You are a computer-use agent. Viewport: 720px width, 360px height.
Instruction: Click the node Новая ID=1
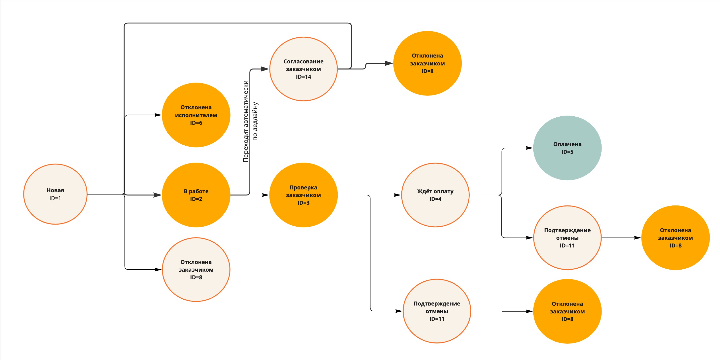coord(55,194)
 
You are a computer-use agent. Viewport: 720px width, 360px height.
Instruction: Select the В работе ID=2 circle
coord(196,195)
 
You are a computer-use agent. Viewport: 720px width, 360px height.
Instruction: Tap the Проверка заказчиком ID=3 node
coord(303,195)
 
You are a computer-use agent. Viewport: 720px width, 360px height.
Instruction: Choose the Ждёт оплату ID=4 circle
coord(435,195)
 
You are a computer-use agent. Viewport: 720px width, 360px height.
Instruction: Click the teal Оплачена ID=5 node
coord(567,148)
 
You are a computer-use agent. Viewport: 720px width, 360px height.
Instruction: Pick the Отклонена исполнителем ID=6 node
coord(196,115)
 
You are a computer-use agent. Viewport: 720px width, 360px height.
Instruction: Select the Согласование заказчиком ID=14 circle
coord(303,69)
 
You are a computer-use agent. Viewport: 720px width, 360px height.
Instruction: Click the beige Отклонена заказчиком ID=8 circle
coord(196,269)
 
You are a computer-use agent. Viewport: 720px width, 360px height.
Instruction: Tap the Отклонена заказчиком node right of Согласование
coord(427,63)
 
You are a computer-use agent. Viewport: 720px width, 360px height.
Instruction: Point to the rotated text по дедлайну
coord(255,121)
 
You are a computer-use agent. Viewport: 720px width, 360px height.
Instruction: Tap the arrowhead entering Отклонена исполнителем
coord(158,115)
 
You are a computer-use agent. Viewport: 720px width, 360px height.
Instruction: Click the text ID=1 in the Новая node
coord(55,198)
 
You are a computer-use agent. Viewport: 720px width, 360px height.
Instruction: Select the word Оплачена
coord(567,144)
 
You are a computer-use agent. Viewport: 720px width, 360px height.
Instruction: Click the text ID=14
coord(303,77)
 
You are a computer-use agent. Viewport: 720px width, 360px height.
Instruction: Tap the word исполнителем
coord(196,115)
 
